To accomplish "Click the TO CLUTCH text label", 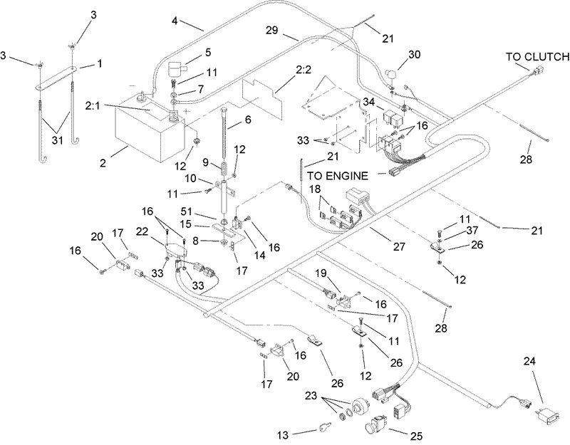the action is point(538,57).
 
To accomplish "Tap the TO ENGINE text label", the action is point(338,176).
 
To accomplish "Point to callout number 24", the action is point(529,362).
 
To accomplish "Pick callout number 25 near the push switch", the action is point(417,436).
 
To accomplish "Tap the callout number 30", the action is point(414,55).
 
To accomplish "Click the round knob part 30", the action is point(391,74).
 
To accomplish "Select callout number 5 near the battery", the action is point(207,52).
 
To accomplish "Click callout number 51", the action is point(187,211).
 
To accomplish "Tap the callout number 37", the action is point(472,230).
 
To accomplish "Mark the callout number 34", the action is point(368,103).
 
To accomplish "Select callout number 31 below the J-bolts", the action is point(57,140).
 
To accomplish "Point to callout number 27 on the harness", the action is point(399,246).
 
